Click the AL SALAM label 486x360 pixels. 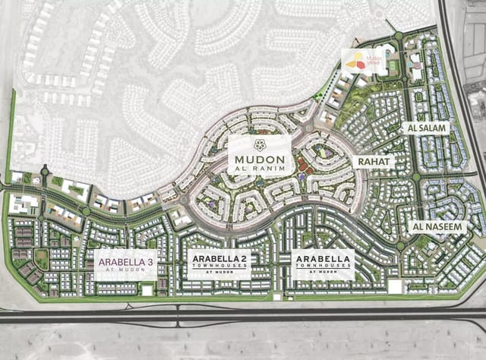(x=426, y=128)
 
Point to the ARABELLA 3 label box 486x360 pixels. (x=126, y=264)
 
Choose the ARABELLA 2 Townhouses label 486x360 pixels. (x=219, y=264)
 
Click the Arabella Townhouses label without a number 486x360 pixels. (x=323, y=264)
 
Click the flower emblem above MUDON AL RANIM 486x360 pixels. (x=260, y=145)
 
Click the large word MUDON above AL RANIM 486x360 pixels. (x=260, y=159)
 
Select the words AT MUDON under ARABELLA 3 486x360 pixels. (x=126, y=270)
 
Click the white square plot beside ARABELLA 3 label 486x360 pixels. (x=147, y=290)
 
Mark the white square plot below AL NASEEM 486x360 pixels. (x=394, y=287)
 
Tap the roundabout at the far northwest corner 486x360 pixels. (x=44, y=171)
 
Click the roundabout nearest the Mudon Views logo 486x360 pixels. (x=398, y=36)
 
